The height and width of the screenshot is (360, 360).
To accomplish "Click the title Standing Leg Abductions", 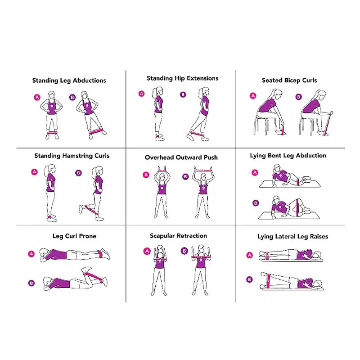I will coord(69,81).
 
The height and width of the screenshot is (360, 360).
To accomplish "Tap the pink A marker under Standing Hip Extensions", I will coord(141,94).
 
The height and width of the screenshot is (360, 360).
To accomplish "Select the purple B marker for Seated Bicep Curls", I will coord(298,96).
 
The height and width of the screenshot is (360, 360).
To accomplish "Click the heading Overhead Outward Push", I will coord(181,157).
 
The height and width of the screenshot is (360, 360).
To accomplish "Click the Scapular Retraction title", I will coord(178,236).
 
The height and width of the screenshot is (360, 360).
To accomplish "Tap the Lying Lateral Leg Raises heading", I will coord(292,236).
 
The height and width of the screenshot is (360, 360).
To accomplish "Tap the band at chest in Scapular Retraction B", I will coord(201,257).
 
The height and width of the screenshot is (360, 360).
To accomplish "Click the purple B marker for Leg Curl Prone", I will coord(31,283).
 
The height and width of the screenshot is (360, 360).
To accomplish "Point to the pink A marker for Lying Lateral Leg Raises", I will coord(250,255).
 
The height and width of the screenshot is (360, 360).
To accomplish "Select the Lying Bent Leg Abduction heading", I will coord(288,156).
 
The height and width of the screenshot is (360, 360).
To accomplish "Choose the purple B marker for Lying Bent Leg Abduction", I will coord(256,203).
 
